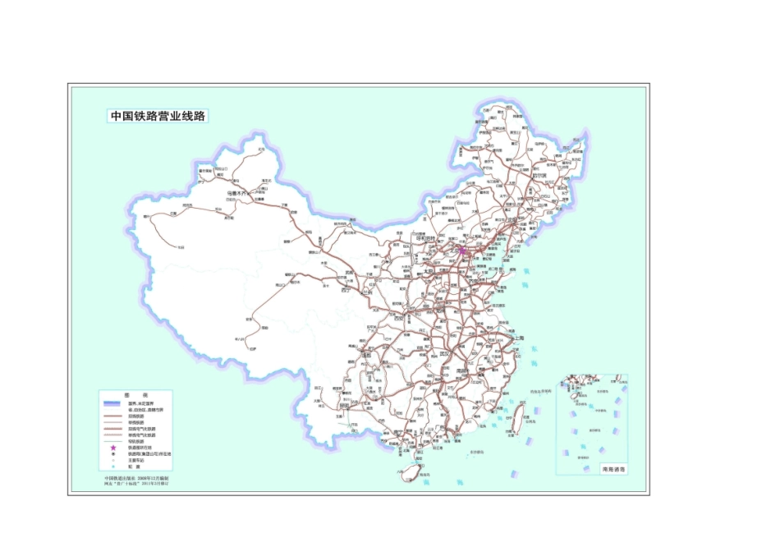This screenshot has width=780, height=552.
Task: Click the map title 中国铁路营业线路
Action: [x=158, y=117]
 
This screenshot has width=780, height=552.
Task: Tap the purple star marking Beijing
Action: [x=462, y=251]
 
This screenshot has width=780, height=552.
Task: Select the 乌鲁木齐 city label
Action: [x=236, y=194]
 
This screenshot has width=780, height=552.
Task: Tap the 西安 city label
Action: [x=400, y=319]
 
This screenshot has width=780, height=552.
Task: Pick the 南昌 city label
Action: [x=466, y=371]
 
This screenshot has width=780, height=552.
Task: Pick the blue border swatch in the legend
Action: [x=113, y=402]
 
